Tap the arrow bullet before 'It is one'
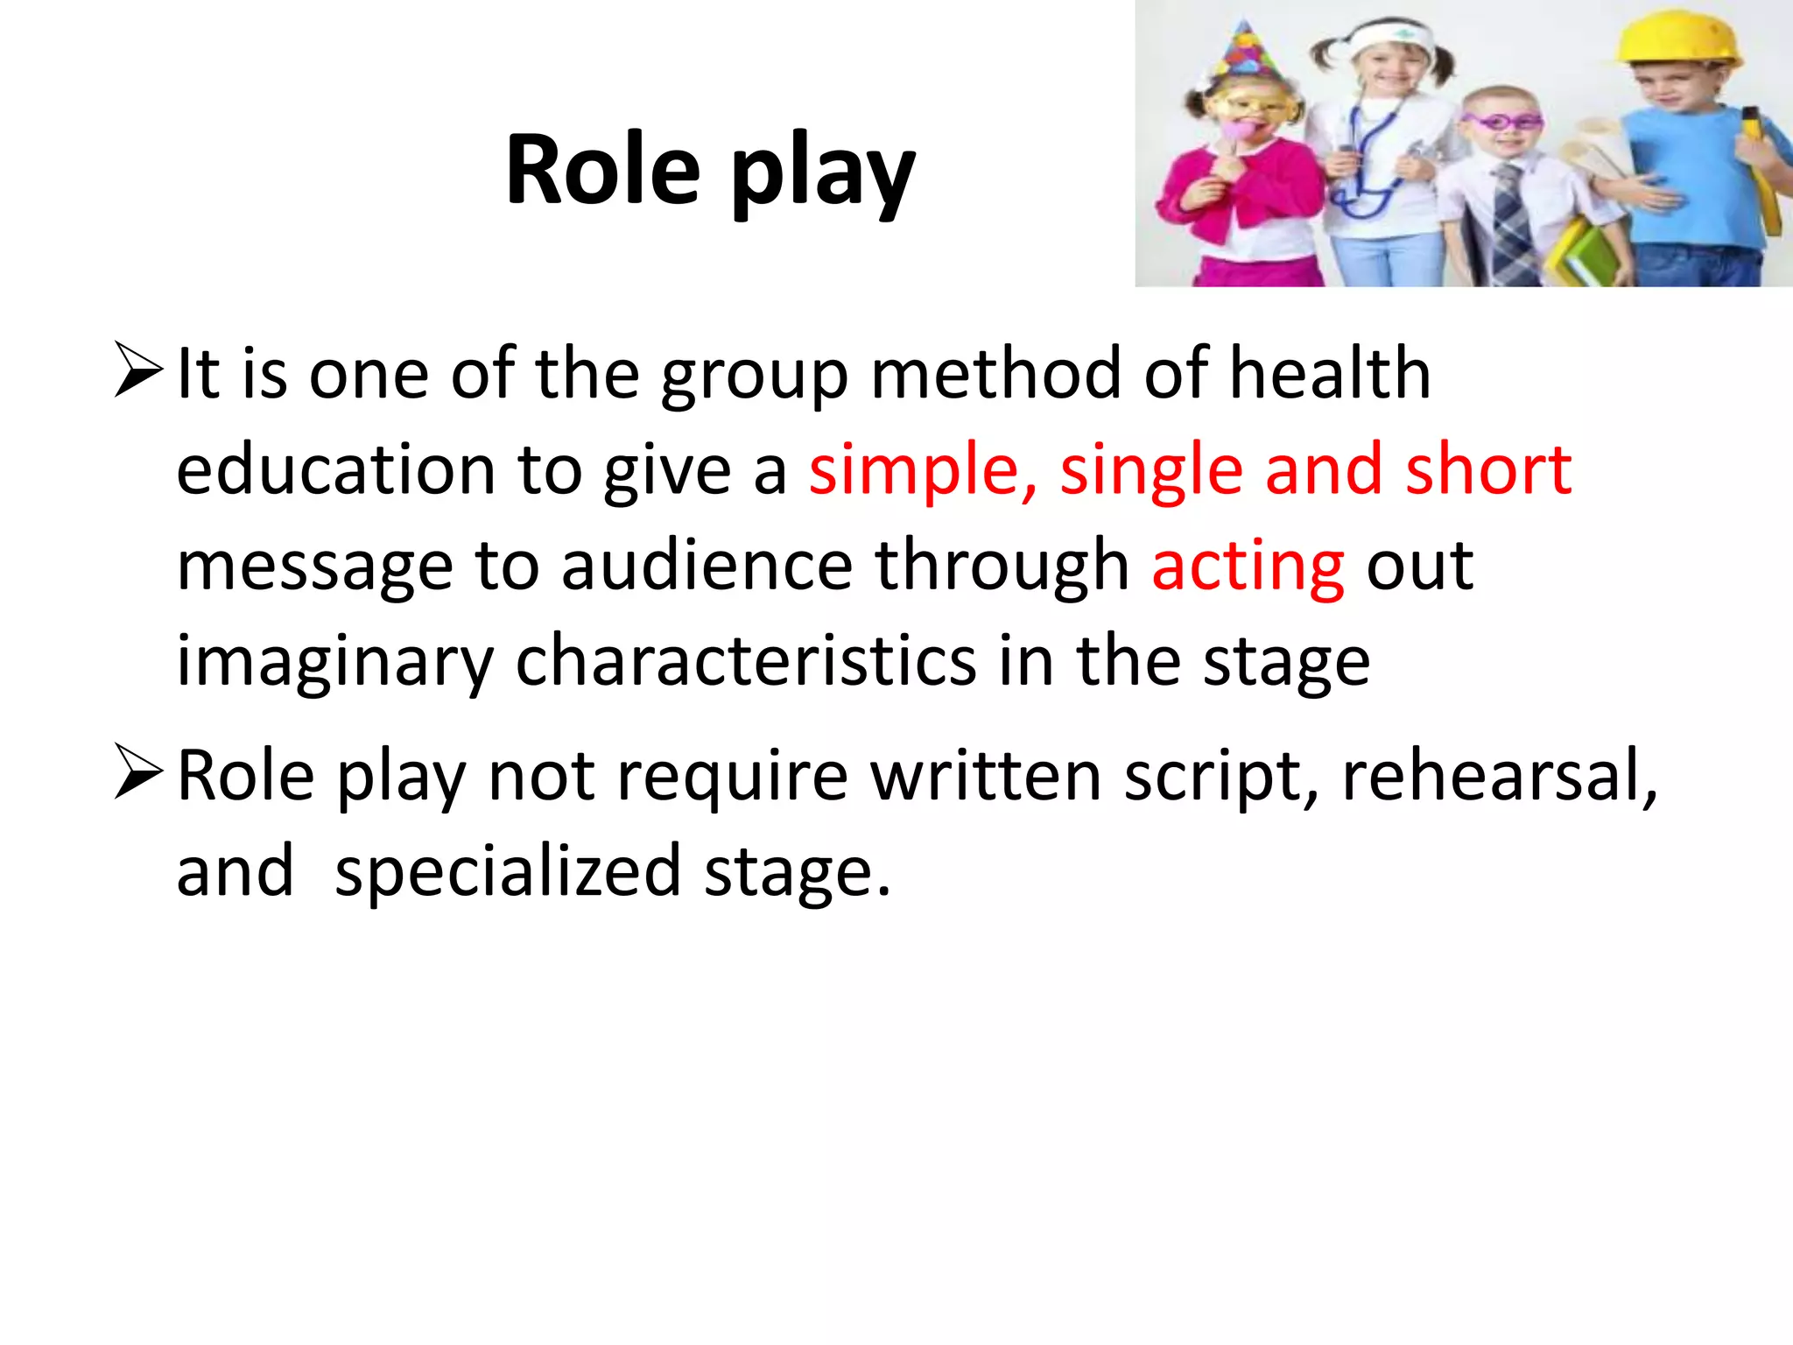click(x=138, y=371)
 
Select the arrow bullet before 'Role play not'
click(x=138, y=772)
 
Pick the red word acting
click(x=1248, y=567)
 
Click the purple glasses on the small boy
click(x=1502, y=121)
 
